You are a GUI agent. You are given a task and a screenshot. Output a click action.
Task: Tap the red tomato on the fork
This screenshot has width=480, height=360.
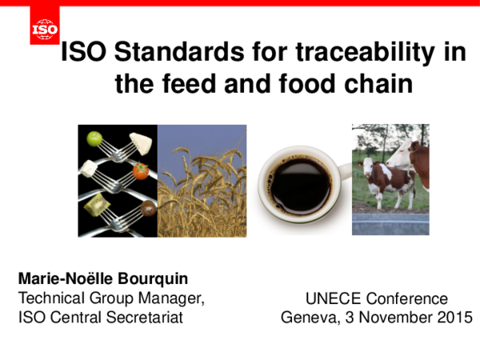pos(140,170)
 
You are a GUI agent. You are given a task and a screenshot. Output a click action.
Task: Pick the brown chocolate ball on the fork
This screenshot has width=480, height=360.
pos(149,210)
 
